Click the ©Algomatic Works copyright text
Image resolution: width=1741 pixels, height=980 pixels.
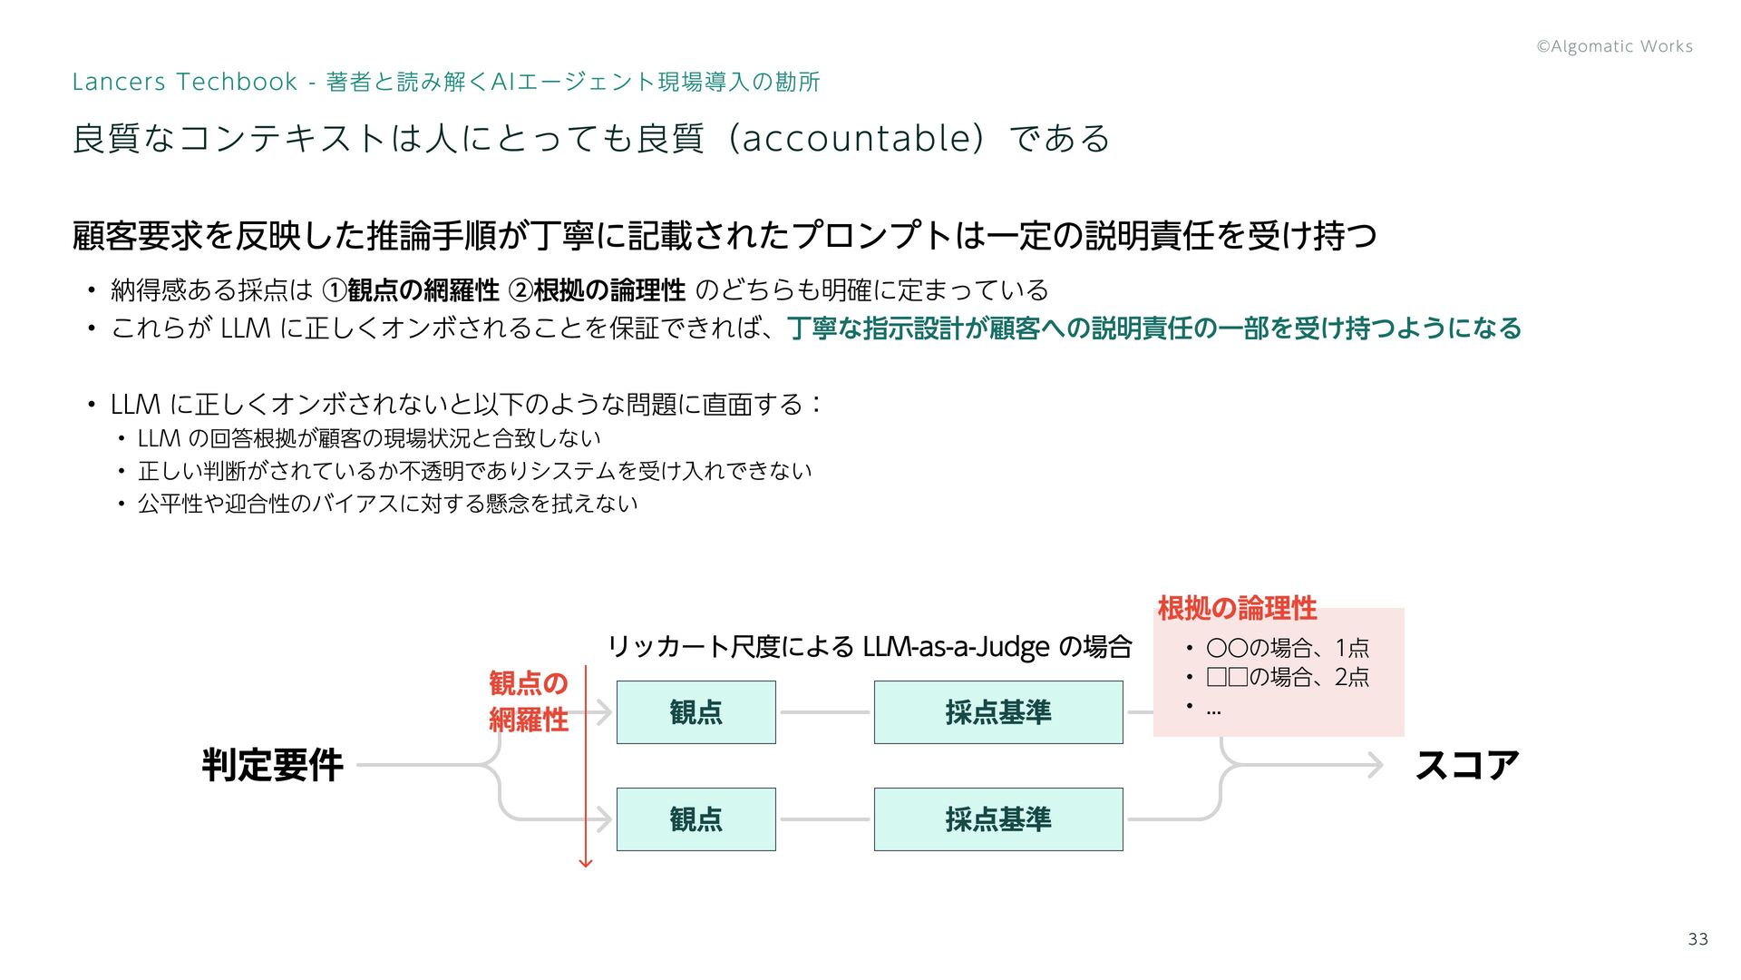(1614, 46)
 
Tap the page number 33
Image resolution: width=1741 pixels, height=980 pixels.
(1698, 939)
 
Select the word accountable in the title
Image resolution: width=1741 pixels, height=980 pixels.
(857, 138)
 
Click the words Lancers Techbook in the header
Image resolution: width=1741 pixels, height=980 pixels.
(184, 82)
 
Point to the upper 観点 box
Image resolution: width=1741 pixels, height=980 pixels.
(695, 712)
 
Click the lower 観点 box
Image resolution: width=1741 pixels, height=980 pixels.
(695, 819)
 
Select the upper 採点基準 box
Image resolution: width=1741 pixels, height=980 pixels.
(997, 712)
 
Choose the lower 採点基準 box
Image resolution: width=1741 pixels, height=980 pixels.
(997, 819)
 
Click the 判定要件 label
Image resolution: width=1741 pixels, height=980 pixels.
(272, 765)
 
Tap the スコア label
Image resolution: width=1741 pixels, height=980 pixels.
(1466, 765)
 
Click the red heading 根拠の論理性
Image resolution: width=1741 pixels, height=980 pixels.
(1237, 608)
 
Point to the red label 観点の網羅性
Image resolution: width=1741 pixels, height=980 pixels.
(529, 701)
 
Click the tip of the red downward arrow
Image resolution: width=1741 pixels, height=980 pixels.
(586, 864)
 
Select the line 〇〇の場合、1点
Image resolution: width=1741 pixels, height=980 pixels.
(1287, 648)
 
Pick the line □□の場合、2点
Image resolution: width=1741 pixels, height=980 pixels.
(1287, 677)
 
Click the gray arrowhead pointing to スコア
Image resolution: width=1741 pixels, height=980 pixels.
(1376, 765)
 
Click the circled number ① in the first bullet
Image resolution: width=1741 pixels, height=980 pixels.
(335, 290)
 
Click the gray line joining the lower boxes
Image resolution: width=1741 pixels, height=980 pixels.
(824, 819)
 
